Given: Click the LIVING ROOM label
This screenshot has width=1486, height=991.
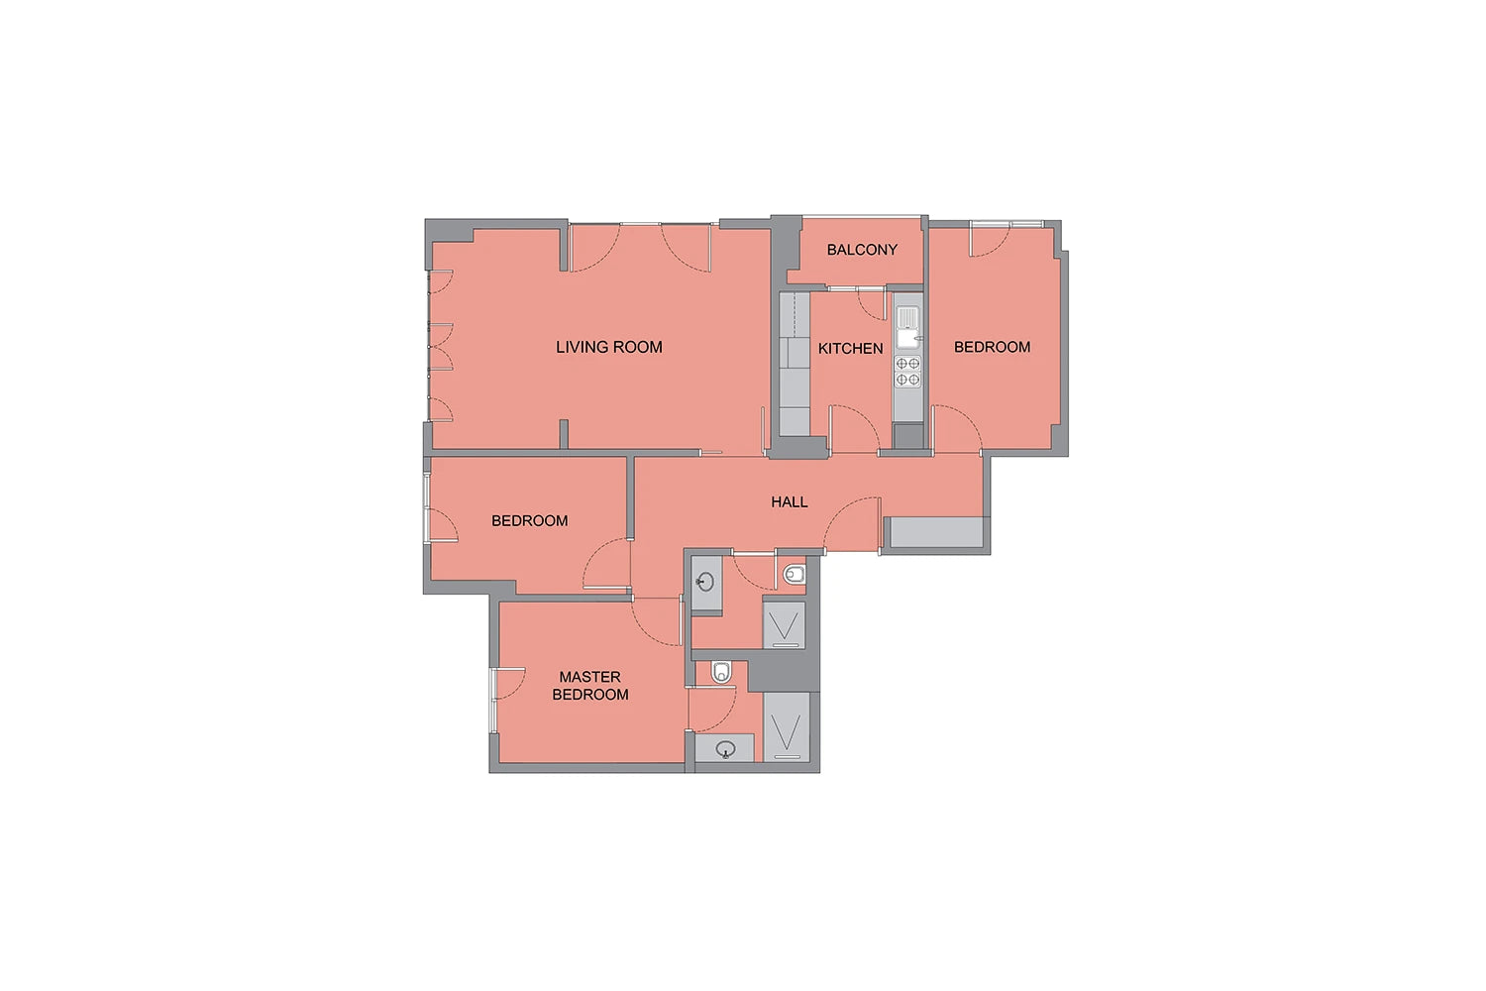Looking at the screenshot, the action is click(x=609, y=347).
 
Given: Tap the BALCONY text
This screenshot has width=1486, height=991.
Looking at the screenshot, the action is click(x=862, y=250).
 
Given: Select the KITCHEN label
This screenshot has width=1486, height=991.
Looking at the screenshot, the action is click(x=850, y=349).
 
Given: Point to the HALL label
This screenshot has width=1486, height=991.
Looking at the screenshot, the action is click(x=790, y=501).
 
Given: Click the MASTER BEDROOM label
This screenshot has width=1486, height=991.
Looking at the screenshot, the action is click(x=590, y=686).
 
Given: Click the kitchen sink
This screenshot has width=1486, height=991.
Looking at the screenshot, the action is click(x=907, y=327).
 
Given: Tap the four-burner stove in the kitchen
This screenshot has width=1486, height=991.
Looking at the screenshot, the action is click(x=907, y=372).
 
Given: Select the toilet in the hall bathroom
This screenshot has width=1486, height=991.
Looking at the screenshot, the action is click(x=795, y=574).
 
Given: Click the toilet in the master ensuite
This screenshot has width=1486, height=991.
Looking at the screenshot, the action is click(x=721, y=672).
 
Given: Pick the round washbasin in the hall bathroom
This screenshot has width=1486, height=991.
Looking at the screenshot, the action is click(x=705, y=582).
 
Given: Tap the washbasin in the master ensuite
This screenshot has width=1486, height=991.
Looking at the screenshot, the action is click(x=726, y=750).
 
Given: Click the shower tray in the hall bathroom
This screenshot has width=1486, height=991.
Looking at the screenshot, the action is click(x=785, y=625).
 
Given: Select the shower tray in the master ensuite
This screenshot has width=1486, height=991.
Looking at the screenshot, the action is click(x=787, y=726).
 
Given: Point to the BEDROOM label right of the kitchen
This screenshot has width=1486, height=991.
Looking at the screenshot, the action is click(x=993, y=347).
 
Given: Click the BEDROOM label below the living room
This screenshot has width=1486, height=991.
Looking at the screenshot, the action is click(x=529, y=521).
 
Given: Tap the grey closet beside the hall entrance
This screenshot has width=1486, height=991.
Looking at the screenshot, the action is click(x=936, y=532).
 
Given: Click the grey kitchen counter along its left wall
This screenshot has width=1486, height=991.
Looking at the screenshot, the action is click(x=795, y=365).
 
